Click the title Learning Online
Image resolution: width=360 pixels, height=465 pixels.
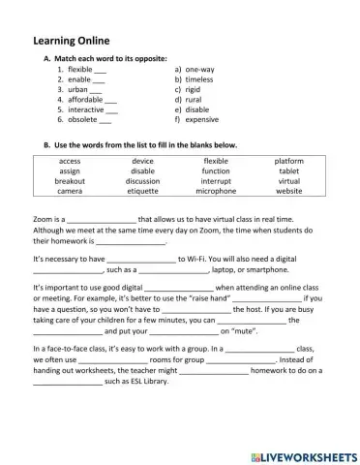click(70, 41)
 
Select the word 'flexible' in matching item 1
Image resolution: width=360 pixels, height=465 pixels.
click(80, 71)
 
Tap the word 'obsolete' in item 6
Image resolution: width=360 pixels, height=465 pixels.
click(82, 120)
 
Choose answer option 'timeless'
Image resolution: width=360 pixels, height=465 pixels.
click(202, 80)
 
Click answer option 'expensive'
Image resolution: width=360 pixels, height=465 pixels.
click(203, 120)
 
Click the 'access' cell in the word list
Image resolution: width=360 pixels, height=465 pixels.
click(70, 161)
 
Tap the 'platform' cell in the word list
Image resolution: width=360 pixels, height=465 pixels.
click(288, 161)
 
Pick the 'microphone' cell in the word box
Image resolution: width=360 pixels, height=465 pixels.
click(216, 191)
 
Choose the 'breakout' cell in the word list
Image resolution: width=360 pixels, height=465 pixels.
click(70, 181)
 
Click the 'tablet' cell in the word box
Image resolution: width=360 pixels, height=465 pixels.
click(288, 170)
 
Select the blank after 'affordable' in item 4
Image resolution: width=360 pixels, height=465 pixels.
click(109, 101)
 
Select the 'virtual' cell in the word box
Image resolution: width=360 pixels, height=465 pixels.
click(288, 181)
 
